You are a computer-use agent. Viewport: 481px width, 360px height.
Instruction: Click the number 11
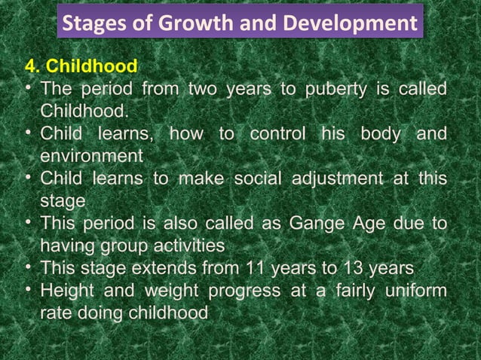pos(252,268)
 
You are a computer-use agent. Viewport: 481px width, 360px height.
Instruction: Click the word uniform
pos(415,291)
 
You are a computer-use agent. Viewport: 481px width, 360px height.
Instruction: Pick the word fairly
pos(352,291)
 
